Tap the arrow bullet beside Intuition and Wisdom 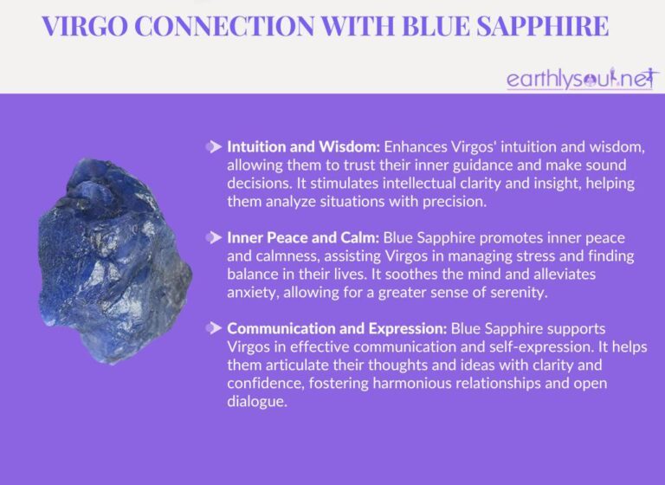coord(213,147)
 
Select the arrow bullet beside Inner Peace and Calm coord(213,237)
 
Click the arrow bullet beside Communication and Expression coord(213,328)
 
